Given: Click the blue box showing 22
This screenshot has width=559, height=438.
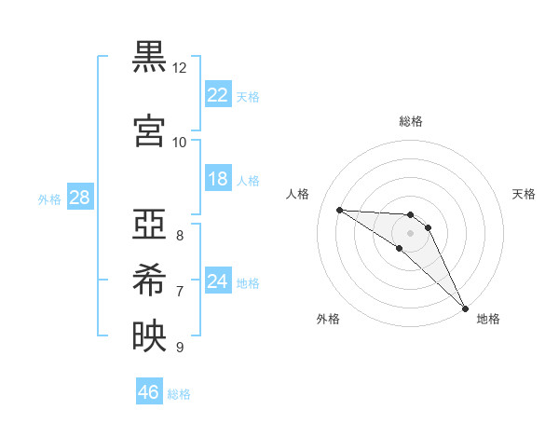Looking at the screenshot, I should [217, 94].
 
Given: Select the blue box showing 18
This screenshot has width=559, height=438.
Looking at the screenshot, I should [217, 179].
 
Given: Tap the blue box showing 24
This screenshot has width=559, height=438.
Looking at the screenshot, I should [217, 281].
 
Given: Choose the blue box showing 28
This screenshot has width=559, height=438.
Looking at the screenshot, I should [78, 198].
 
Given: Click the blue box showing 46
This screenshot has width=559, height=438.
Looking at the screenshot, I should [149, 392].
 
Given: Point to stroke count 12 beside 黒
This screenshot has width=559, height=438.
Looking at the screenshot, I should [180, 68].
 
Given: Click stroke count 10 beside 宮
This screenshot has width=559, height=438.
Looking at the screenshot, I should [180, 142].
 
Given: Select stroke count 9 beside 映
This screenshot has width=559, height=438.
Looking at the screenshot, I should [180, 348].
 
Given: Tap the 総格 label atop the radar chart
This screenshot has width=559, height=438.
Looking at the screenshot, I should [410, 121].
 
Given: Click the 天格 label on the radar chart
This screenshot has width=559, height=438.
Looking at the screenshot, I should [524, 194].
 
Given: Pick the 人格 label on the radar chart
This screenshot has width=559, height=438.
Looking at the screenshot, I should [297, 194].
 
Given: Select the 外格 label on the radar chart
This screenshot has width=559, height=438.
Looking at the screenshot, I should [328, 319].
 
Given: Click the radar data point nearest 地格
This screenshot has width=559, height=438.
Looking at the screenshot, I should [465, 307].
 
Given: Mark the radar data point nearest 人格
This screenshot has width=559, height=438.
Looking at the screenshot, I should [339, 210].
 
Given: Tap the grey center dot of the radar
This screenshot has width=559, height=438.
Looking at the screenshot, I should [410, 232].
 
